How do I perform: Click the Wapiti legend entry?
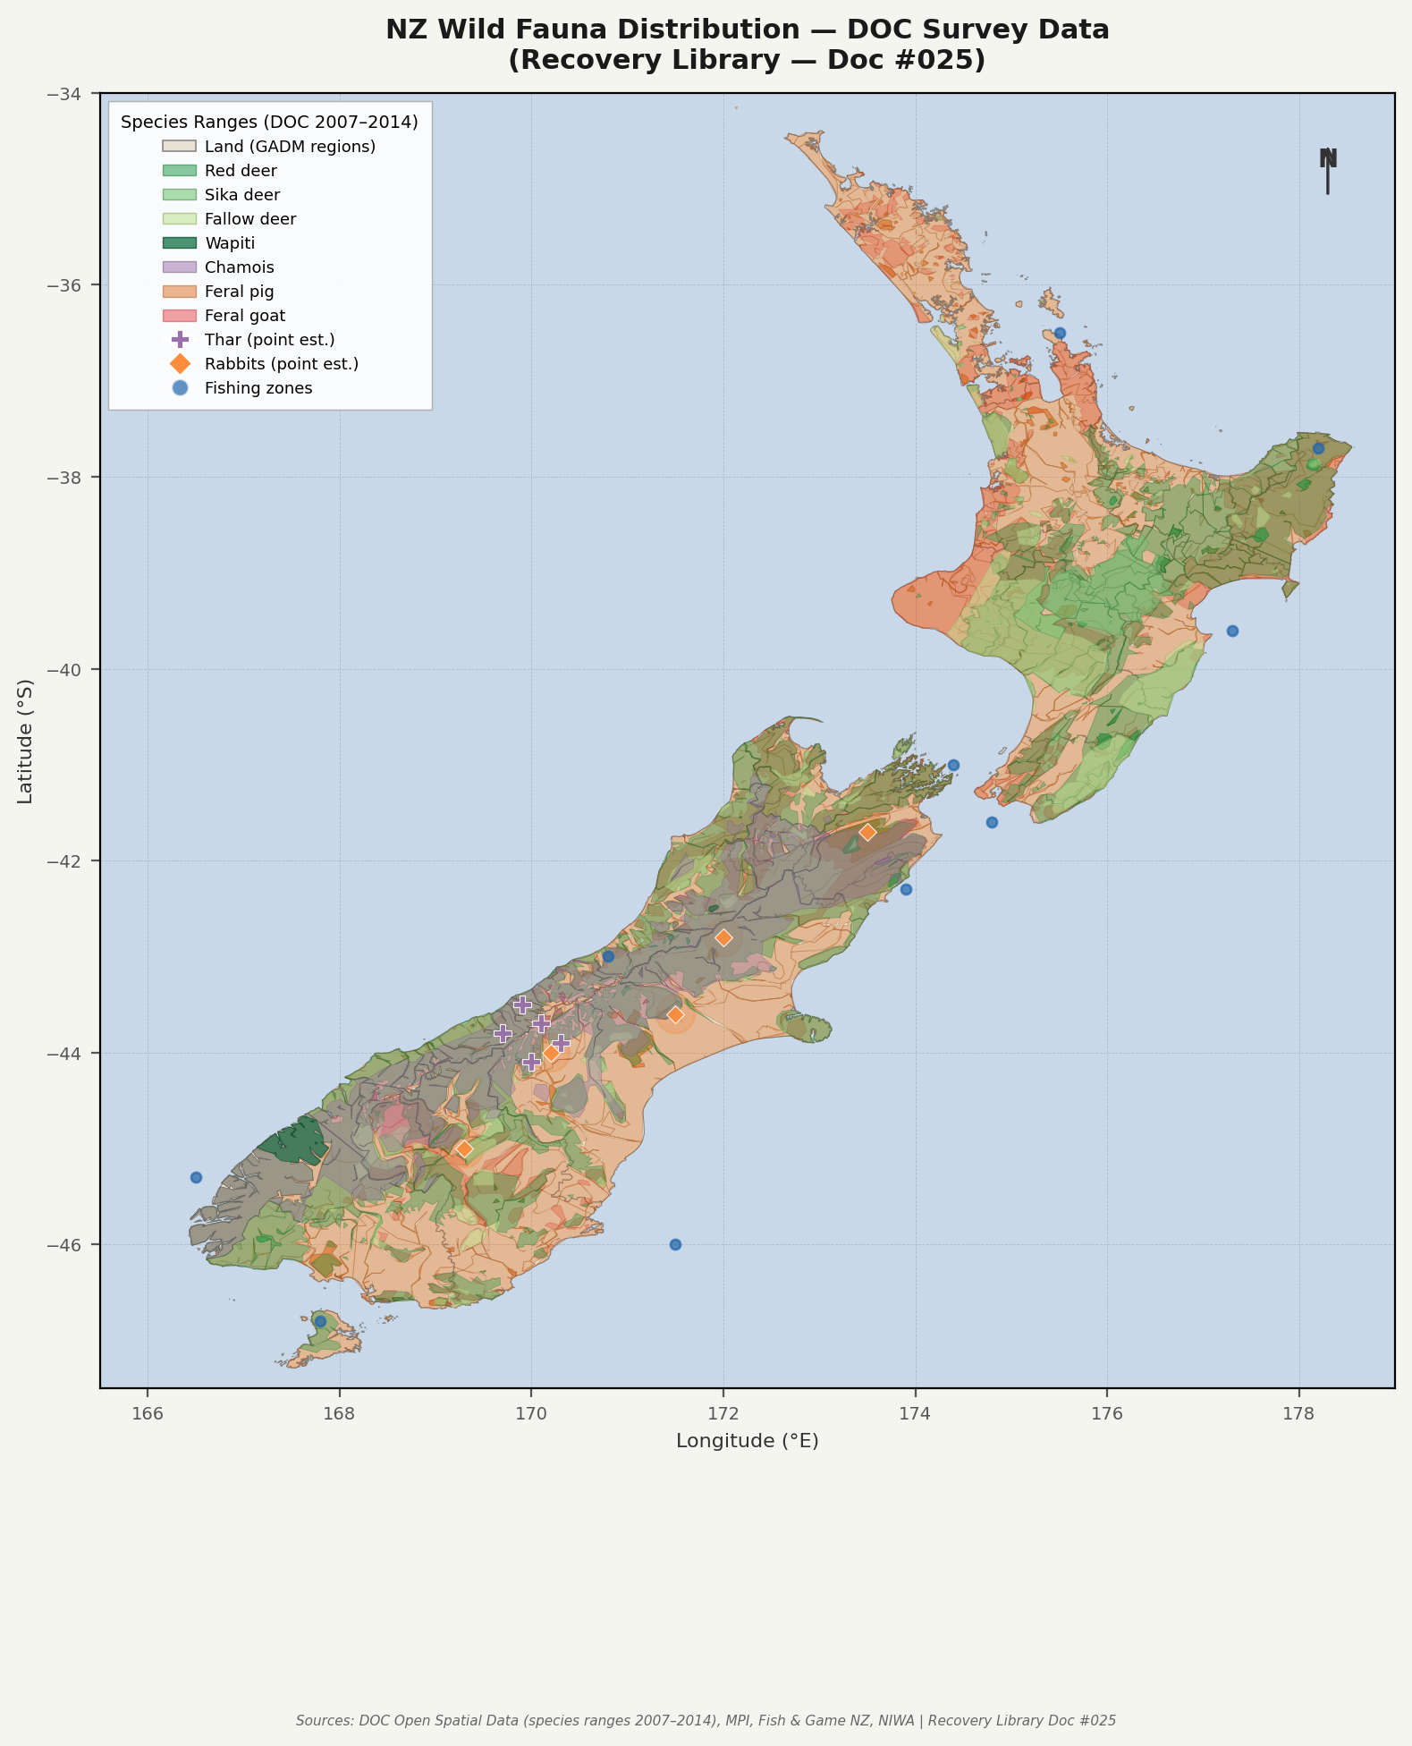[230, 243]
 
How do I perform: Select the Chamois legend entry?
[239, 267]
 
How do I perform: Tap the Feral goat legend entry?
[244, 316]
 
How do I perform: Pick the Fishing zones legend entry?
[258, 388]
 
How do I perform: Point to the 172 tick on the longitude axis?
[723, 1414]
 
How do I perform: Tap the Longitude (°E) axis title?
[747, 1441]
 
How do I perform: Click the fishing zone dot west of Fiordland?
[196, 1177]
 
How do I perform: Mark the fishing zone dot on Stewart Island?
[320, 1321]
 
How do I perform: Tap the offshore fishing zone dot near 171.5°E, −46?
[675, 1244]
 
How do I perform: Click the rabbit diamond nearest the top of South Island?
[867, 832]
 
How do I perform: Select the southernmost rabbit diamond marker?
[464, 1148]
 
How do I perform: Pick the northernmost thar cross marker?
[522, 1004]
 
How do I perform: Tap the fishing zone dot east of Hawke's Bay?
[1232, 631]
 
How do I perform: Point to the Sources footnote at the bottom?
[706, 1720]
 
